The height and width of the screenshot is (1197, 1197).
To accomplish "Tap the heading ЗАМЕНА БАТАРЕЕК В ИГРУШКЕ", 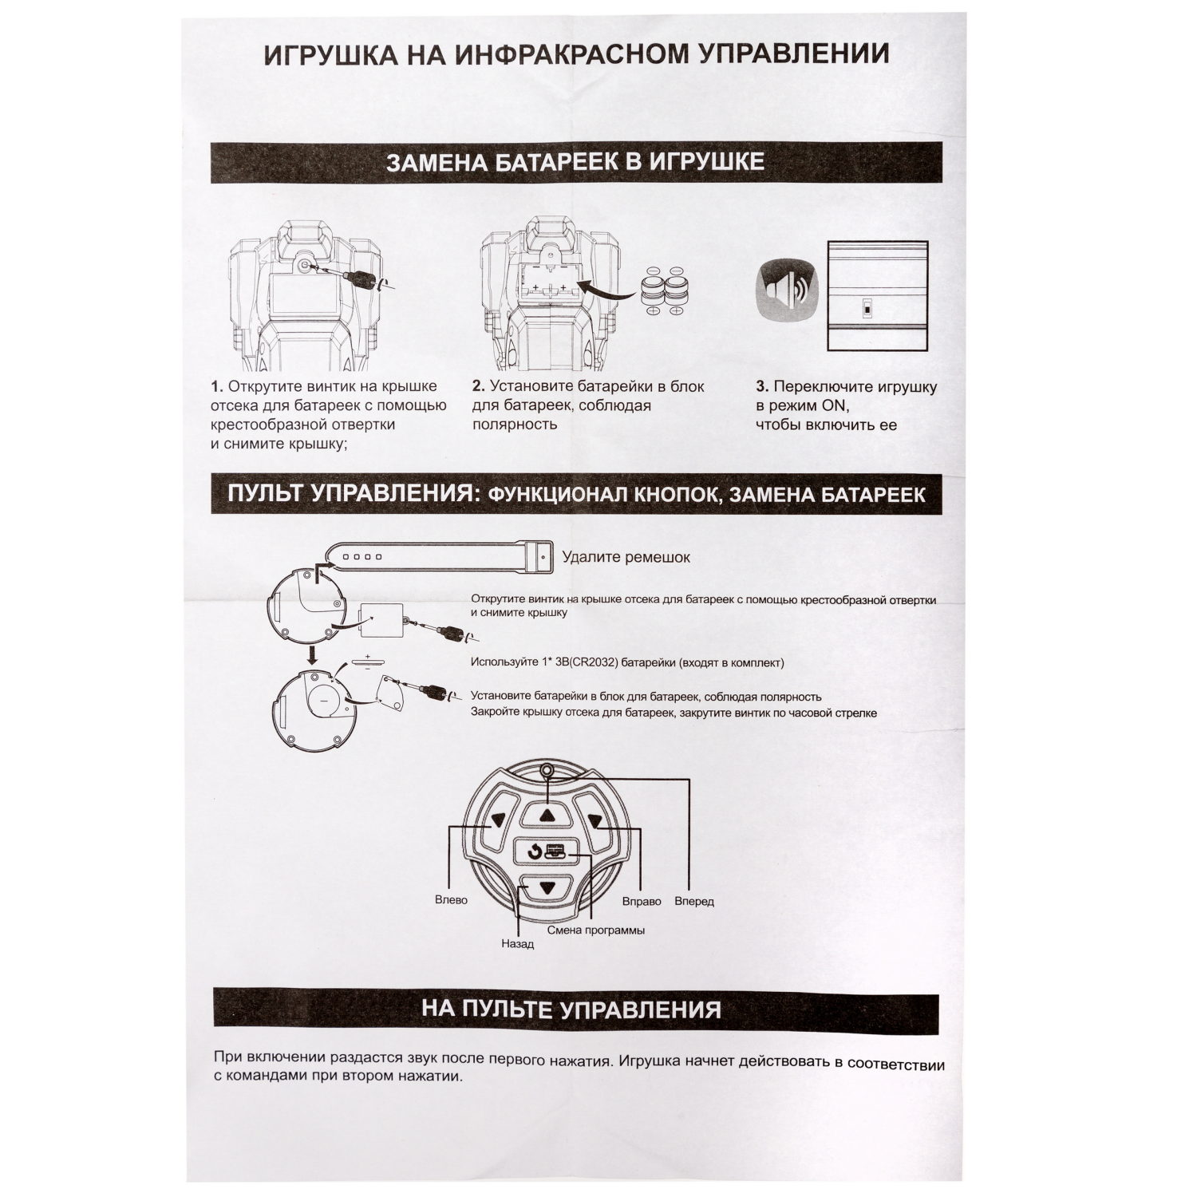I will coord(575,162).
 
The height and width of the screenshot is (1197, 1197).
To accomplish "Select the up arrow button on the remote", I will coord(547,815).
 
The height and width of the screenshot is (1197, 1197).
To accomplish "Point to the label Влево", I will coord(451,900).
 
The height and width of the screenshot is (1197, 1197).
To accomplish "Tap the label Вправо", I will coord(642,901).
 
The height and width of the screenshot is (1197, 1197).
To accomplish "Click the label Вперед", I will coord(693,902).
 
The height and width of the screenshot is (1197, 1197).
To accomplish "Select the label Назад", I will coord(517,943).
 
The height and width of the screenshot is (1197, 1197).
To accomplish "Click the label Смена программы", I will coord(595,930).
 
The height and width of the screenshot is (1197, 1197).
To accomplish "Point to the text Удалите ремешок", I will coord(626,557).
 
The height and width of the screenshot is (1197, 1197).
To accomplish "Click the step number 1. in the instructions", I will coord(217,387).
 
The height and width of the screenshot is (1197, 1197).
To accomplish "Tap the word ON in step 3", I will coord(835,406).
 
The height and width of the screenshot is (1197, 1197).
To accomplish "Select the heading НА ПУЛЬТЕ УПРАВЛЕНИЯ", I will coord(571,1009).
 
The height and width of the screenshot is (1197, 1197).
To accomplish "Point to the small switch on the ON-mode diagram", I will coord(866,308).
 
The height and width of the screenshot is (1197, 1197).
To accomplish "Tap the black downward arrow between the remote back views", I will coord(312,655).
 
